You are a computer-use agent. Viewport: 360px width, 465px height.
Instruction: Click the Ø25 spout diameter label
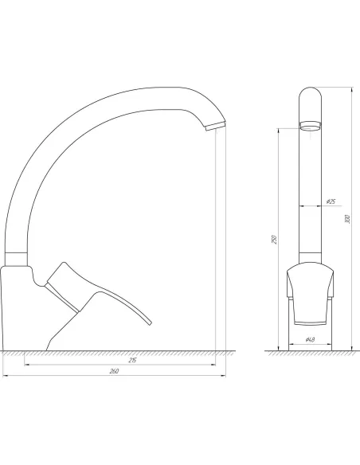(330, 201)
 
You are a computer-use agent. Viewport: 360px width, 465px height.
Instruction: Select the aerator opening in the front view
(311, 125)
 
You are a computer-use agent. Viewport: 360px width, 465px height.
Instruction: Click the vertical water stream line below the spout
(217, 239)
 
